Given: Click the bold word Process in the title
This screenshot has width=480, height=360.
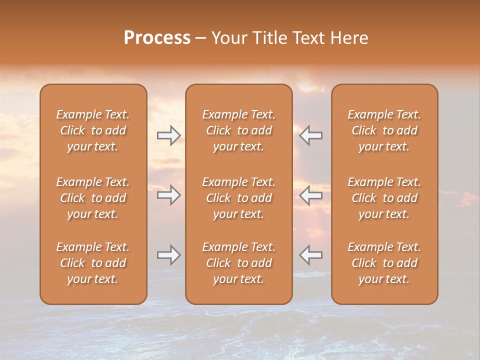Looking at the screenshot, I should pyautogui.click(x=157, y=38).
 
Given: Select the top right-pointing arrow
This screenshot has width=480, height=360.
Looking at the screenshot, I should pyautogui.click(x=169, y=135).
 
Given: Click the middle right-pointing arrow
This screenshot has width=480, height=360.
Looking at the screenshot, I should pyautogui.click(x=169, y=195).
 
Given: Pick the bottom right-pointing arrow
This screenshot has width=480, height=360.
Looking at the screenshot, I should pyautogui.click(x=169, y=255).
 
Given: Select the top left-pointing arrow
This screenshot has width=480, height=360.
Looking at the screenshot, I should pyautogui.click(x=311, y=135).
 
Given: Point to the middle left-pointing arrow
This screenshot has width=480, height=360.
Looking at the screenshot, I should pyautogui.click(x=311, y=195).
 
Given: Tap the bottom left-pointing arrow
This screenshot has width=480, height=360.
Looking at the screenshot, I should pyautogui.click(x=311, y=255).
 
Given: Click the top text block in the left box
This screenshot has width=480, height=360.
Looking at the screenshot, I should pyautogui.click(x=93, y=130).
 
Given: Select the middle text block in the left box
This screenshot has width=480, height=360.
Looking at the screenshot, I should pyautogui.click(x=93, y=198).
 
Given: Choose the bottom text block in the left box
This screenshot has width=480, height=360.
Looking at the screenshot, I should pyautogui.click(x=93, y=263).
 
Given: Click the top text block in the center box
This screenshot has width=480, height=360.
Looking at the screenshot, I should pyautogui.click(x=239, y=130).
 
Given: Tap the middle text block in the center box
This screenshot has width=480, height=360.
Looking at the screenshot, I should pyautogui.click(x=239, y=198).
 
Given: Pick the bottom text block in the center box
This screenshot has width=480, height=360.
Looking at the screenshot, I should pyautogui.click(x=239, y=263).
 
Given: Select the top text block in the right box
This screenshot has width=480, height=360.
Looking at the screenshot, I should pyautogui.click(x=384, y=130).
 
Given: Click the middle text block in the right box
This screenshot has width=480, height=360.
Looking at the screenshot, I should pyautogui.click(x=384, y=198).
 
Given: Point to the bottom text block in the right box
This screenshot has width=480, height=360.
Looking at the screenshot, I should pyautogui.click(x=384, y=263).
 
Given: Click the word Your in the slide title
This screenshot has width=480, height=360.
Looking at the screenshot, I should pyautogui.click(x=229, y=38).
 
